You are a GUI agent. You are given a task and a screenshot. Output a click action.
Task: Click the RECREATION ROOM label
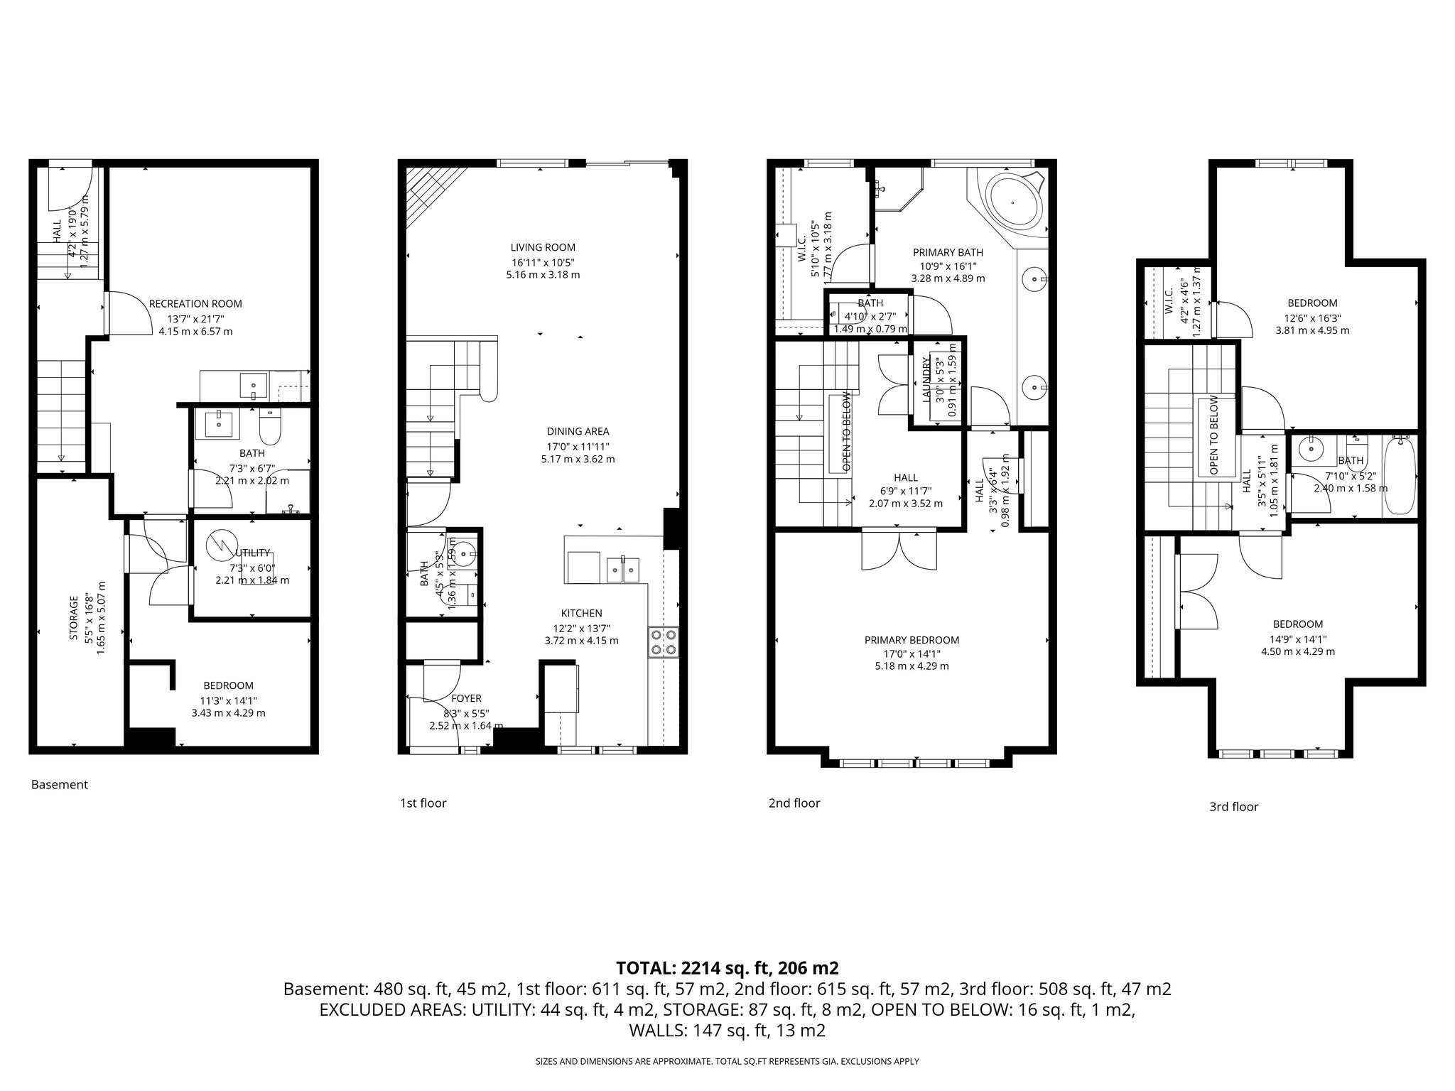(x=195, y=304)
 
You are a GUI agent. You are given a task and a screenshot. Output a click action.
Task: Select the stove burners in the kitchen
(x=664, y=642)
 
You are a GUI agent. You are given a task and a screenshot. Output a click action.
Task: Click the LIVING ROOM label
(x=543, y=248)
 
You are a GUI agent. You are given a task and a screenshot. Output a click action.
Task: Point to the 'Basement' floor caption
(x=60, y=785)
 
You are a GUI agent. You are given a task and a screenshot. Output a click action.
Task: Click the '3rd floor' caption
(x=1233, y=806)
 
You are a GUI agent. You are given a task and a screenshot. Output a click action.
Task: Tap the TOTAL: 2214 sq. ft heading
(x=727, y=967)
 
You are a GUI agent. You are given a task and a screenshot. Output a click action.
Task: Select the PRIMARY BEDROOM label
(x=912, y=640)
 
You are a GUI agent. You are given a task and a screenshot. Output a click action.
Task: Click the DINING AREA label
(x=578, y=431)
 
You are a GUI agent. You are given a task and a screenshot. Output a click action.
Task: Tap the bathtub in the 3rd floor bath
(x=1399, y=476)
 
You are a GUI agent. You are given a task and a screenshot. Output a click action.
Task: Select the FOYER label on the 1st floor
(x=466, y=699)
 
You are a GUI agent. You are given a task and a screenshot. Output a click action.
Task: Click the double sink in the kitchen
(x=622, y=570)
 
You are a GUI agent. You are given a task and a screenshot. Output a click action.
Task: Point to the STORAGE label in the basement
(x=74, y=618)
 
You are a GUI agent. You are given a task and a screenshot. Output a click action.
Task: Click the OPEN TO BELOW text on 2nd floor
(x=846, y=431)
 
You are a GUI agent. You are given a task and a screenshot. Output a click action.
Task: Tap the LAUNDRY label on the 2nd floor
(x=926, y=380)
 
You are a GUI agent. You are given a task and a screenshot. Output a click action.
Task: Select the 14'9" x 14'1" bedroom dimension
(x=1297, y=638)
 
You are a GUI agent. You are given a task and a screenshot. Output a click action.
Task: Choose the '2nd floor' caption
(x=794, y=803)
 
